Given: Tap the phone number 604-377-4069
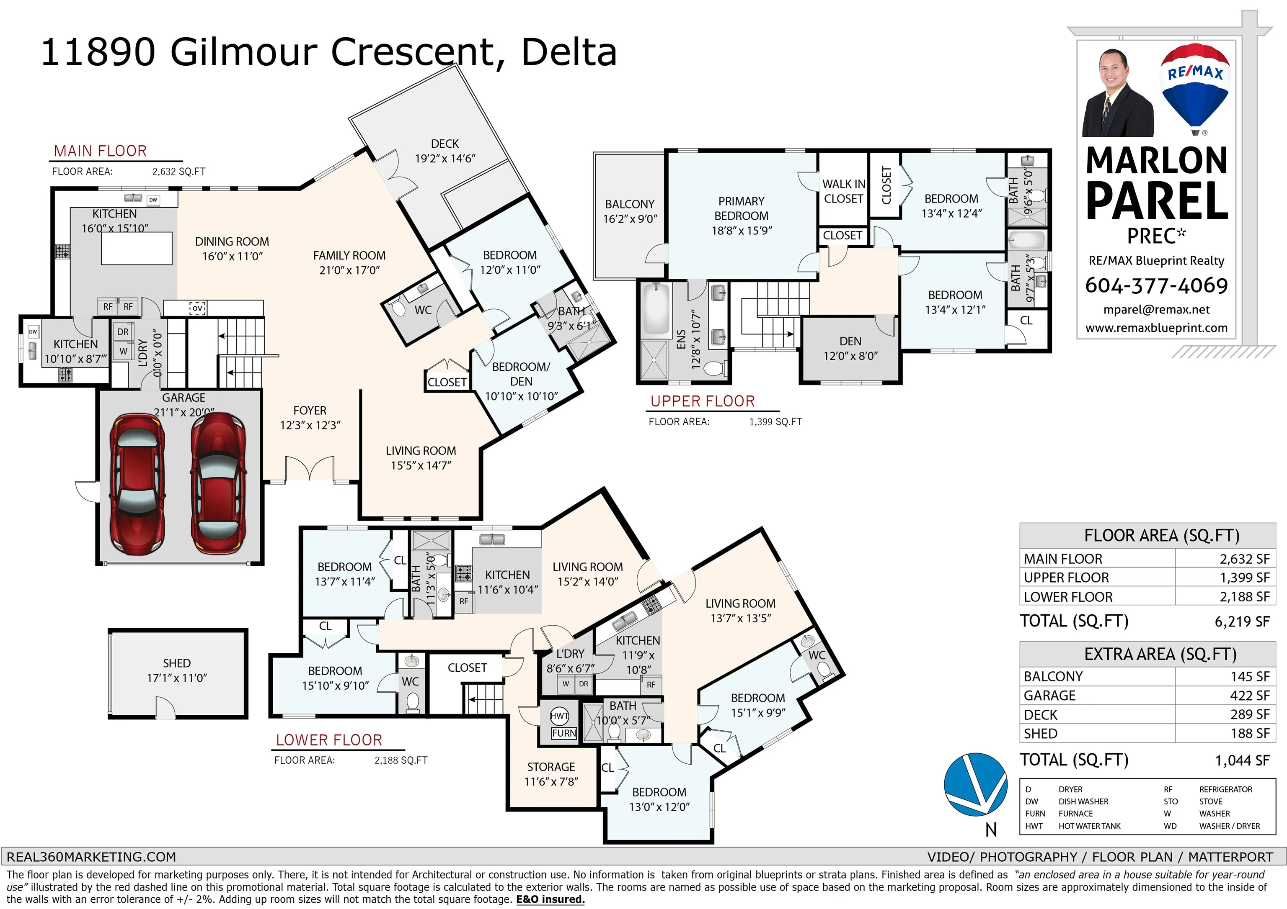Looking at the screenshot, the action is coord(1156,286).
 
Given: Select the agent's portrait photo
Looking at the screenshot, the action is coord(1118,93).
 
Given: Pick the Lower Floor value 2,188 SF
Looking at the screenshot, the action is coord(1244,597).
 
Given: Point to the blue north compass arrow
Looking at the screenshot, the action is coord(975,784).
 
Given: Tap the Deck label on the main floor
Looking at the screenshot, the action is coord(445,151).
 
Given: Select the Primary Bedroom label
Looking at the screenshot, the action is coord(742,216).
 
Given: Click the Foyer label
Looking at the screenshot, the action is coord(310,418).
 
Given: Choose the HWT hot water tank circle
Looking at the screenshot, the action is coord(559,716).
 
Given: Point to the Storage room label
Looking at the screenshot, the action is coord(551,774).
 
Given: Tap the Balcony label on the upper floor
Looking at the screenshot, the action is coord(630,211).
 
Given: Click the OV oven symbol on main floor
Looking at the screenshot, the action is coord(197,308).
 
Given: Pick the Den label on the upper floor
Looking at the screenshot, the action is coord(850,348).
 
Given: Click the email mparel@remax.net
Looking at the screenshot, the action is coord(1156,310).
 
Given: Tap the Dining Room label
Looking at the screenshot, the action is coord(232,249).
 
